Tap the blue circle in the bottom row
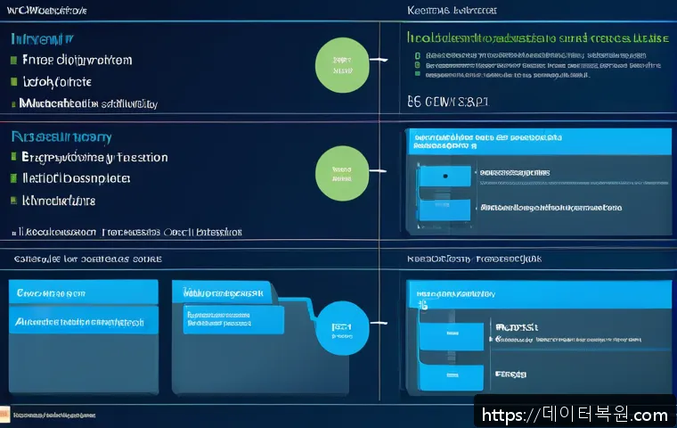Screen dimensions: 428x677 coord(341,327)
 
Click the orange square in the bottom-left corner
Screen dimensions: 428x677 coord(4,415)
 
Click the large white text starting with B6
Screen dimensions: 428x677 coord(447,103)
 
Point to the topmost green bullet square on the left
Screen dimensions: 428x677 coord(13,61)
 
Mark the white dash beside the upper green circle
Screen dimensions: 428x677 coord(380,61)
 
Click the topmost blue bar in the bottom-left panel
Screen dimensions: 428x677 coord(83,292)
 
